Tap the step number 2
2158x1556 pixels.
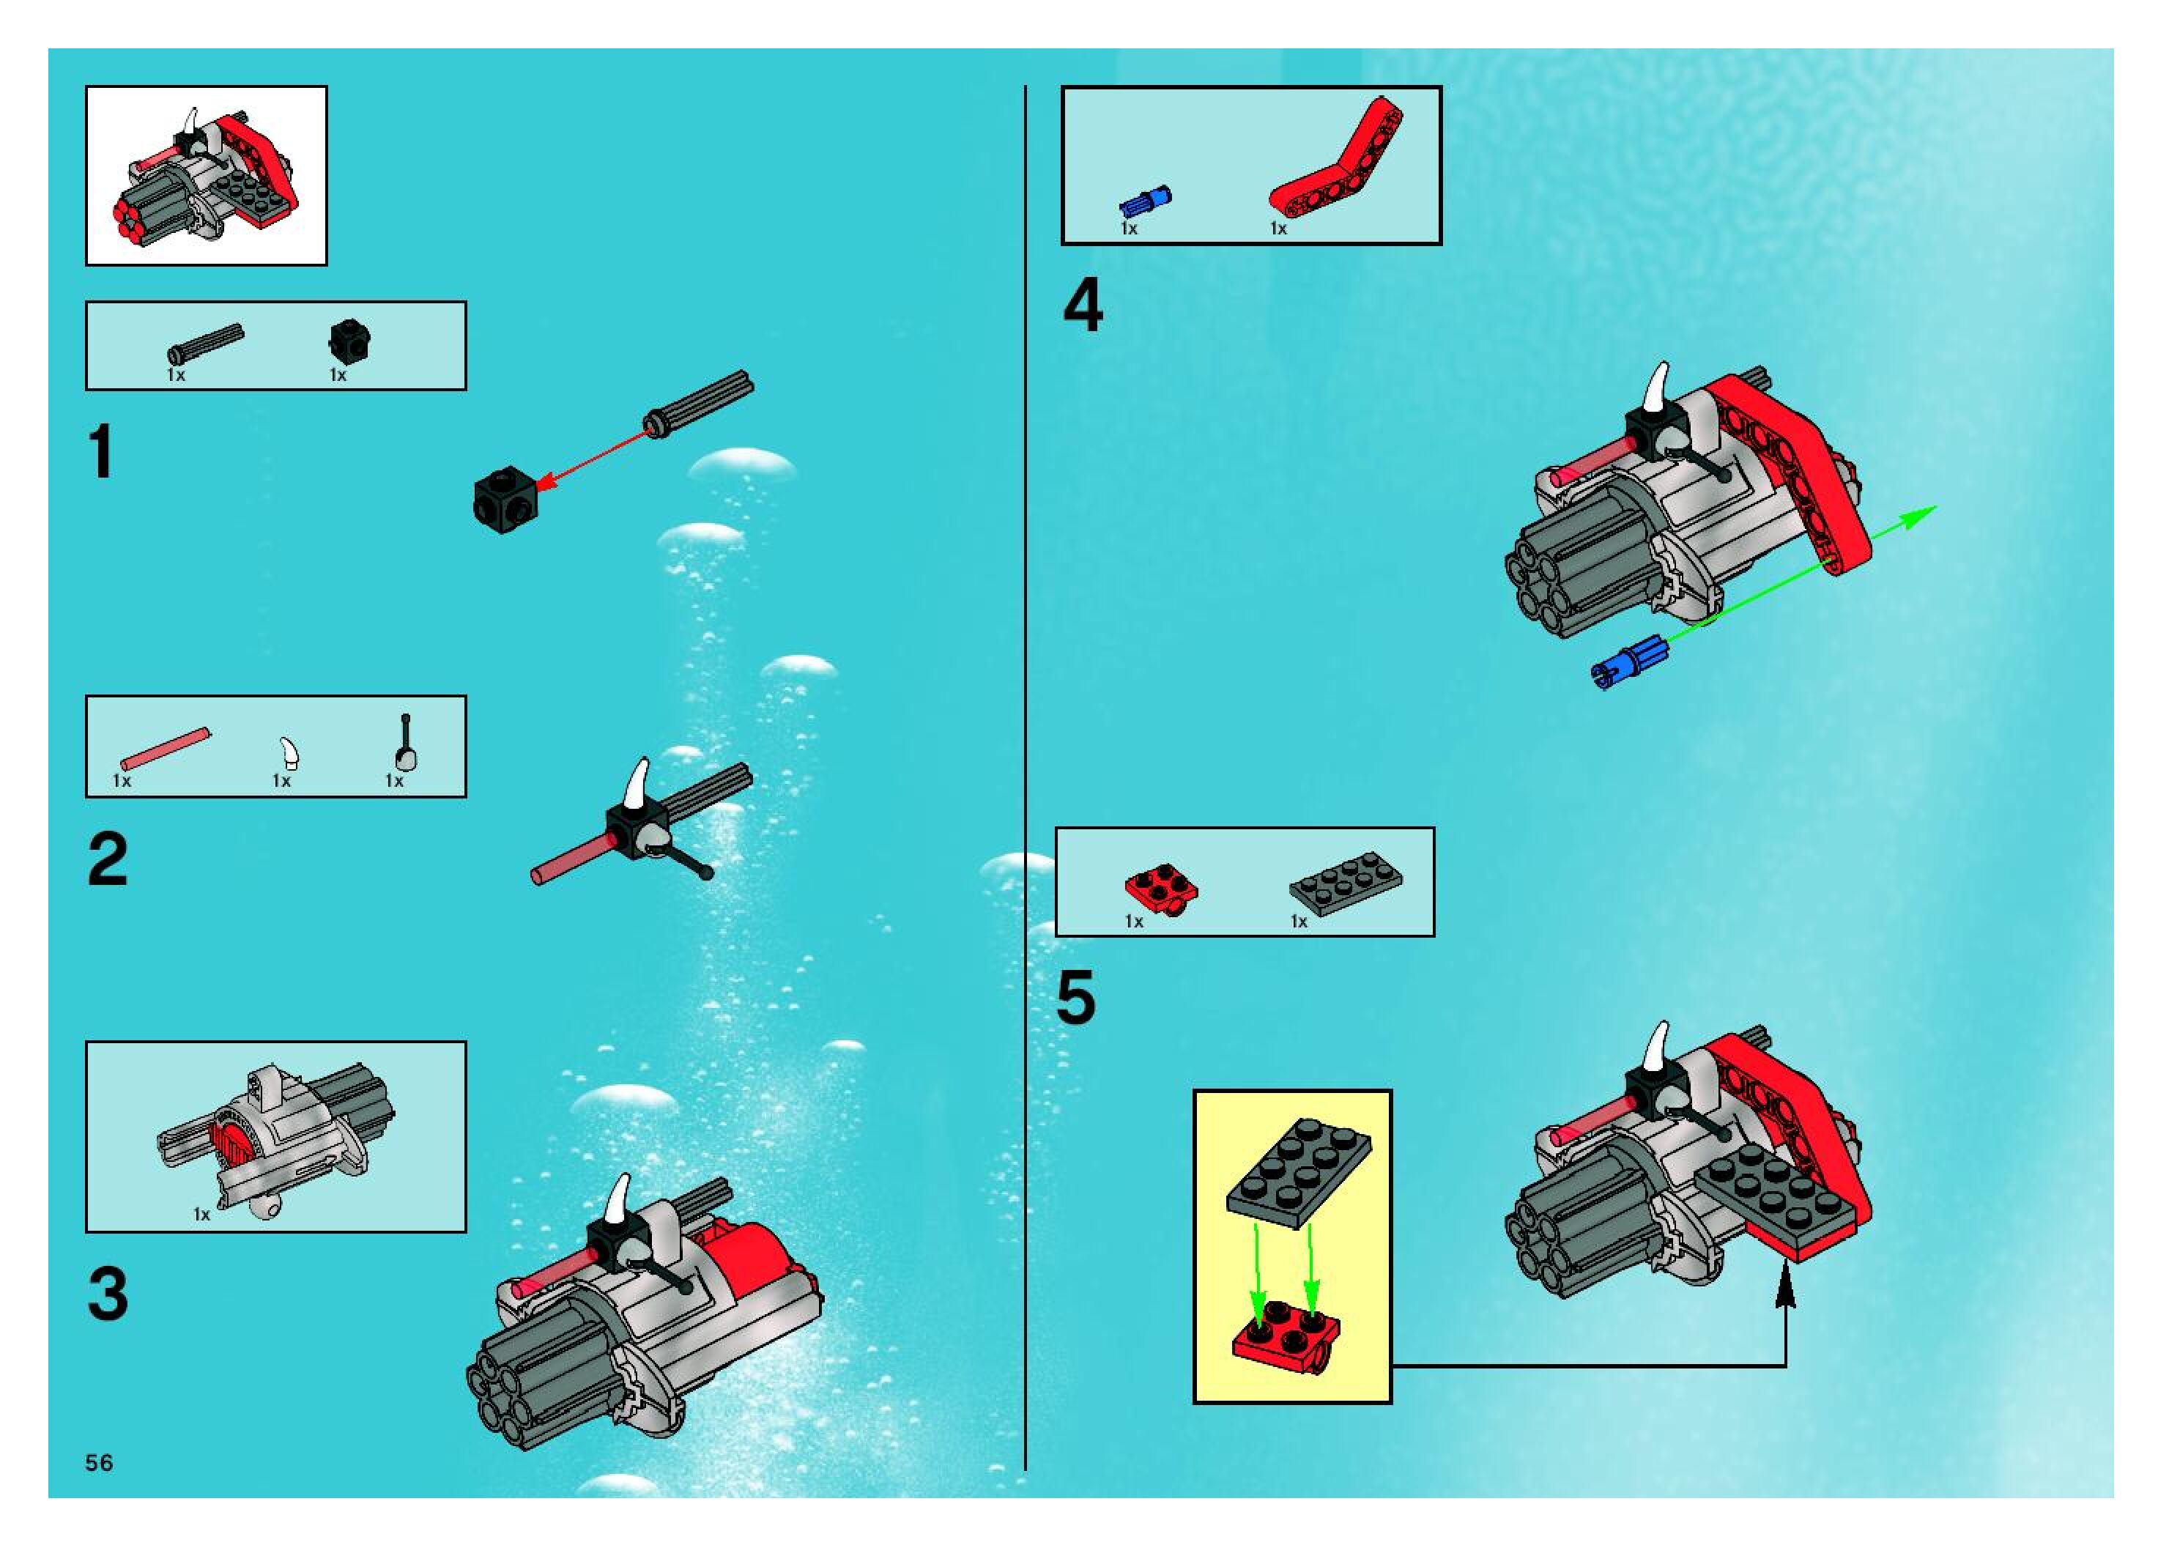click(108, 859)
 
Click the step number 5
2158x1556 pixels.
click(1076, 999)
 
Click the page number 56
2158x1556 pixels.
click(99, 1463)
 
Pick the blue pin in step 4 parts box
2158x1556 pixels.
click(1145, 201)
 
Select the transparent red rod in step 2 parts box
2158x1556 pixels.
click(166, 749)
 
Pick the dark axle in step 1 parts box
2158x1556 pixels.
click(206, 346)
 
